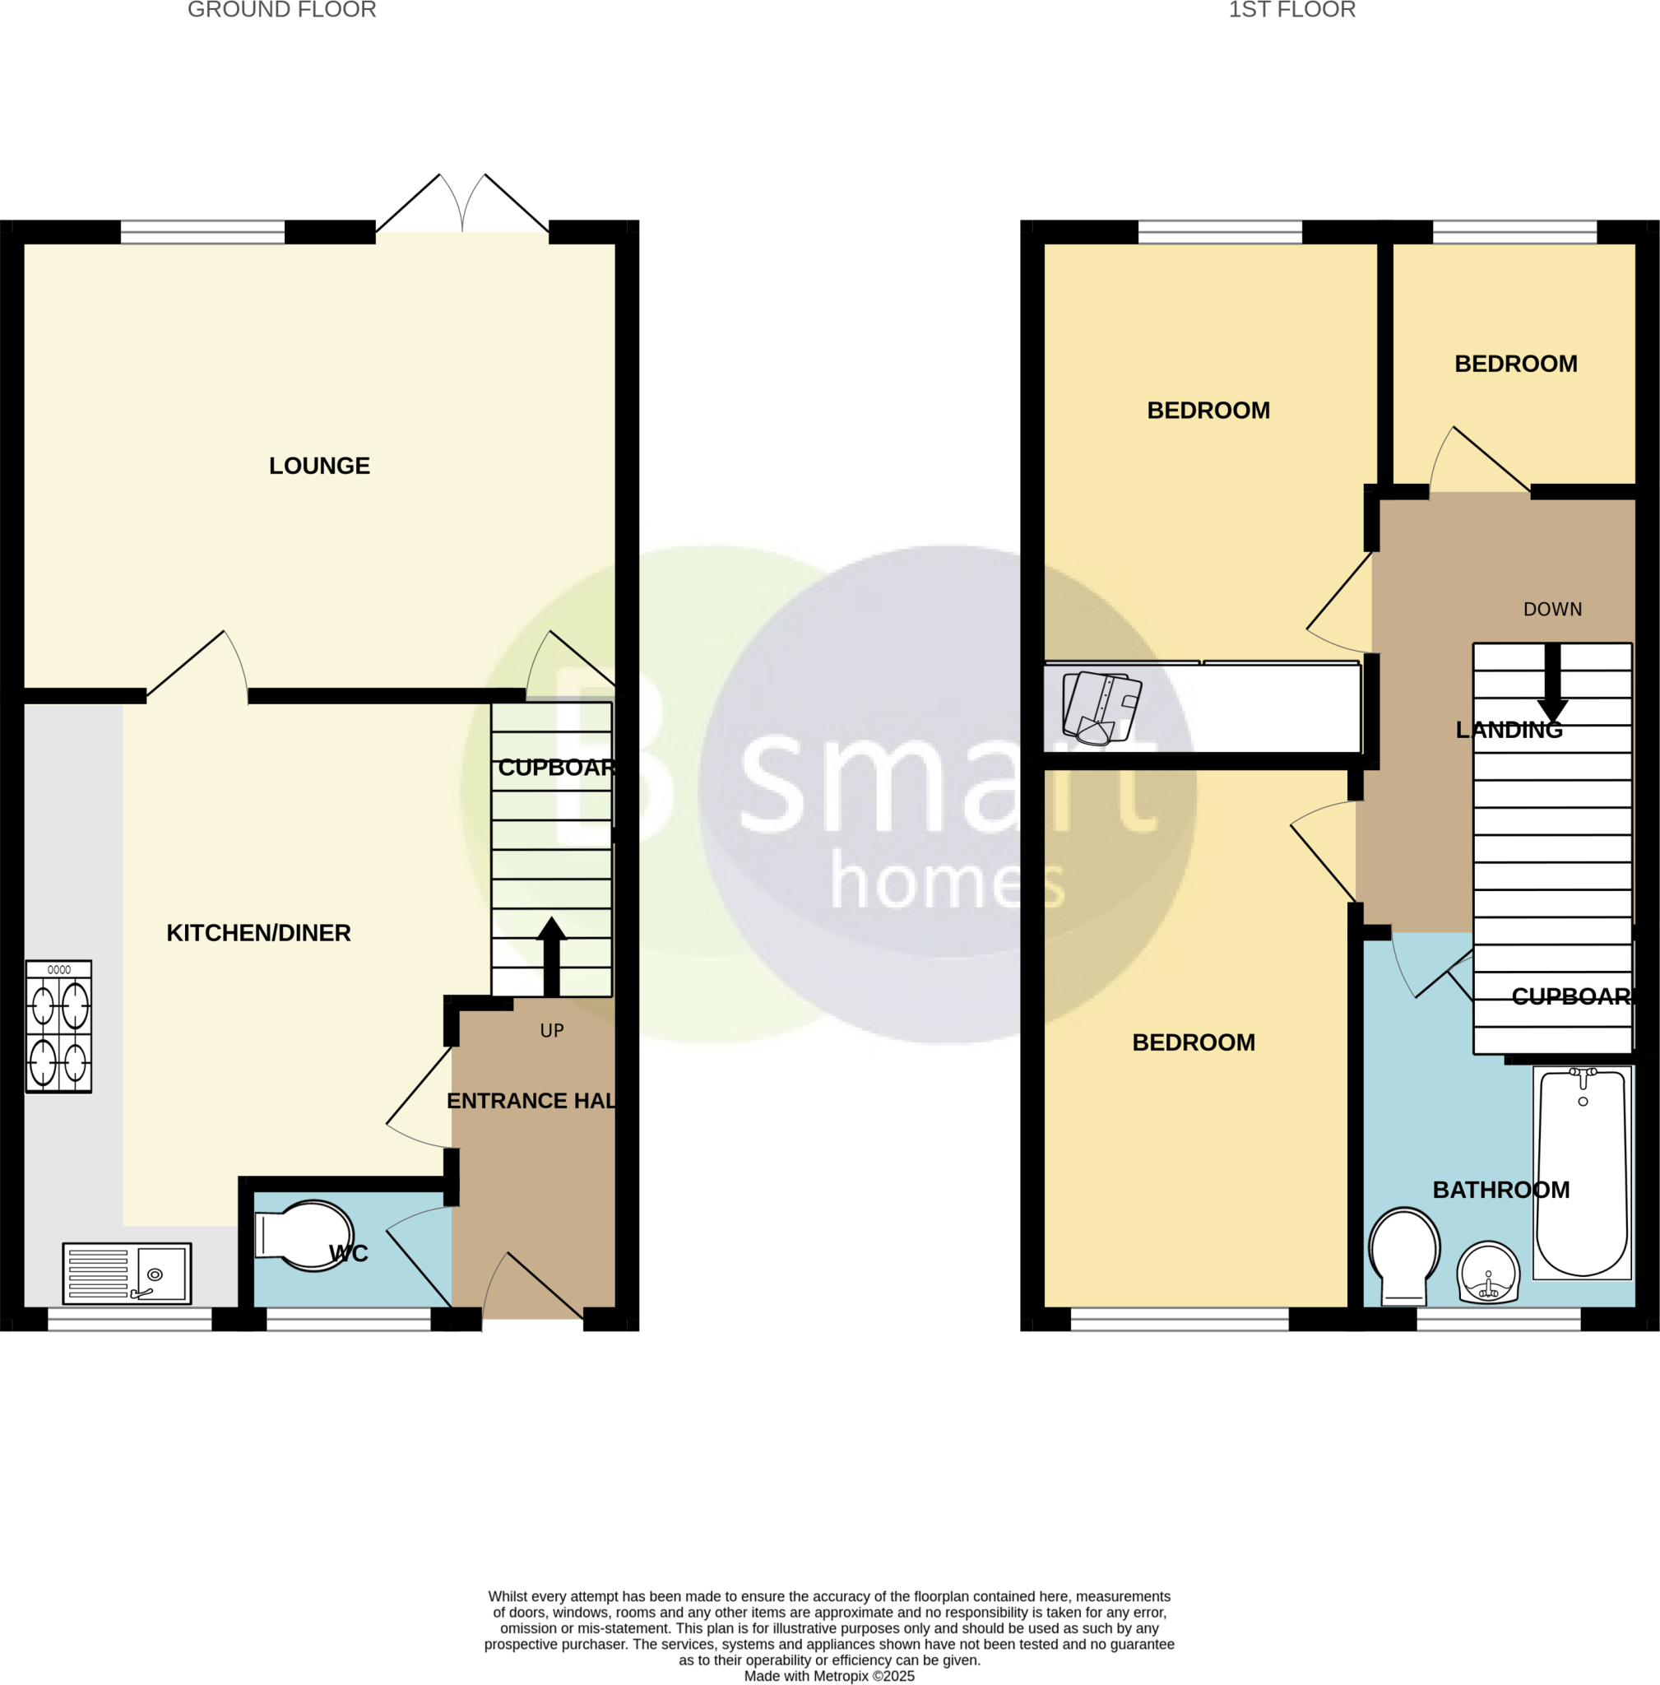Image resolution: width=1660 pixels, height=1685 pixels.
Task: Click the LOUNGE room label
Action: tap(319, 466)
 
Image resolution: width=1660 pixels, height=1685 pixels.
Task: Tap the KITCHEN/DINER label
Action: tap(258, 933)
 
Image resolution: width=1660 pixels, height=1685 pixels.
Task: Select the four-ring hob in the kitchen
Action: tap(58, 1027)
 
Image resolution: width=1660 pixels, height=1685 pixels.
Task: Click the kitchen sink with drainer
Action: tap(128, 1274)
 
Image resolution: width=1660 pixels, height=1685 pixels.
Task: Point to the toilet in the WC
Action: tap(305, 1236)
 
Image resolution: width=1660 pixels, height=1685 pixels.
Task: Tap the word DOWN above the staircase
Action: tap(1552, 610)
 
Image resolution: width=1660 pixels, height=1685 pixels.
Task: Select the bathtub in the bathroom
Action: tap(1582, 1173)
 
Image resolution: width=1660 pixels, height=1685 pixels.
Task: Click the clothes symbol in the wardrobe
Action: tap(1101, 708)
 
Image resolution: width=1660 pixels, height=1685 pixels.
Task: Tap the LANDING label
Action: tap(1509, 730)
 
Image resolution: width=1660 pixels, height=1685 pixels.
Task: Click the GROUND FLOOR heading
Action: tap(281, 11)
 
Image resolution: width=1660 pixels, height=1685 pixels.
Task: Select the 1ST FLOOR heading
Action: tap(1291, 11)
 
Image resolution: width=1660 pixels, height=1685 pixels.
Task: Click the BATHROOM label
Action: tap(1500, 1190)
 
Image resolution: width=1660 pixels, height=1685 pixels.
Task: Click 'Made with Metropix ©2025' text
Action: tap(829, 1675)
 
